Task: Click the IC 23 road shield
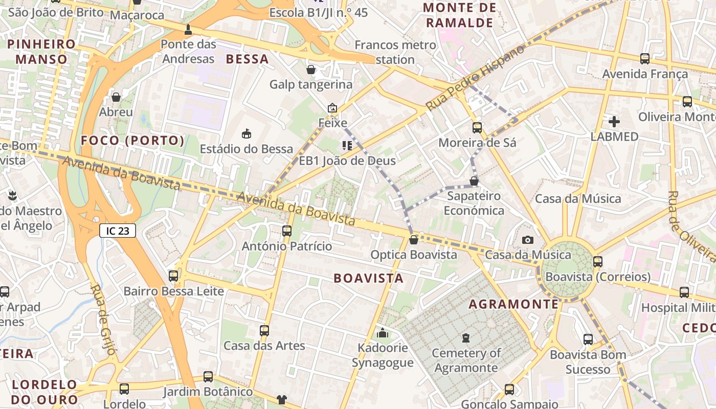coord(118,231)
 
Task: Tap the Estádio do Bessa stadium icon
coord(247,134)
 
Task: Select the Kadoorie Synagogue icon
coord(382,333)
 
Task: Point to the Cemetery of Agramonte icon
coord(465,338)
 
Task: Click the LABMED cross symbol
coord(614,122)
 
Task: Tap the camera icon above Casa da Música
coord(528,240)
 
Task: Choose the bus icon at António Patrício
coord(287,231)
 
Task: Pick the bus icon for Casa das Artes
coord(264,331)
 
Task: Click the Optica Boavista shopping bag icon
coord(414,239)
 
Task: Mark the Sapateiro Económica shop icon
coord(474,181)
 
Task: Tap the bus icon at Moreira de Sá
coord(477,128)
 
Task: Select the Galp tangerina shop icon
coord(311,70)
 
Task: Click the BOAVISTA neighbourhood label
coord(368,279)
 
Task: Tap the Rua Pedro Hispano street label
coord(475,78)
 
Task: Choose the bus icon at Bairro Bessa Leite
coord(173,276)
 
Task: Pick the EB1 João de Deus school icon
coord(348,146)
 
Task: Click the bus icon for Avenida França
coord(645,59)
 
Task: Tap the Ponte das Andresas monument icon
coord(188,30)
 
